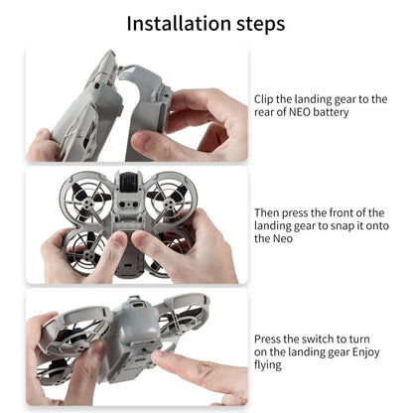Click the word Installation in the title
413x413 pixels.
(x=173, y=22)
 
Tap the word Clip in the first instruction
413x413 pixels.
(x=264, y=98)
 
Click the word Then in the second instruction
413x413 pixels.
(x=269, y=212)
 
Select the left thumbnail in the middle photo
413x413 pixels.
(x=117, y=241)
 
